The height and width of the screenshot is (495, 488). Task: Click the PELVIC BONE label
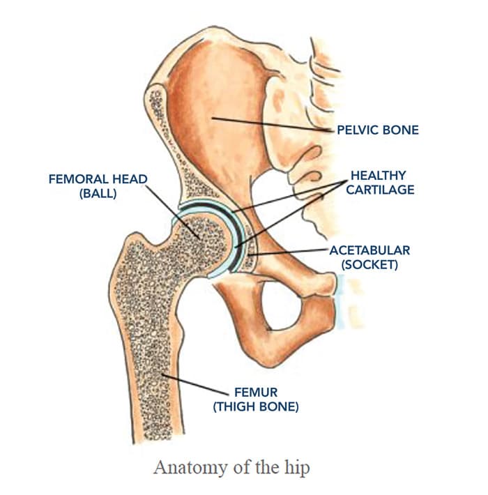point(378,130)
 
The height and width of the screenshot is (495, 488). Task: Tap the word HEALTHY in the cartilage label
point(378,176)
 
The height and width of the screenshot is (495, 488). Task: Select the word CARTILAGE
point(380,190)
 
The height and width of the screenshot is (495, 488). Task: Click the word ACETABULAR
point(369,250)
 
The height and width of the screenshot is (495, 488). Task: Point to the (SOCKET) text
point(369,264)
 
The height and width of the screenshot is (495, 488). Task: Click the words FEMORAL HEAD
point(98,179)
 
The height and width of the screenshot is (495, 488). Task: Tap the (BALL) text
point(98,194)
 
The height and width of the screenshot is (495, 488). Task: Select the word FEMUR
point(256,393)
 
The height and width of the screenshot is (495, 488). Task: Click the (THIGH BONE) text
point(256,406)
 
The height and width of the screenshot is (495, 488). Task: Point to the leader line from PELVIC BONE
point(273,124)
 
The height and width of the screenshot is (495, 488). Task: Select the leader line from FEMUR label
point(195,385)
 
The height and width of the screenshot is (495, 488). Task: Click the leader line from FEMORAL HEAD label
point(173,212)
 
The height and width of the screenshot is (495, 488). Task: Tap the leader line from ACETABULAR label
point(288,252)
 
